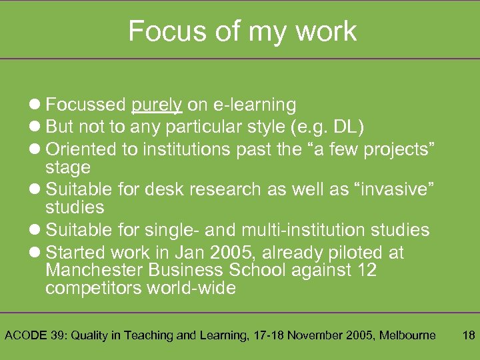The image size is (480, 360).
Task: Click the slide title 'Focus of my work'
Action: point(242,31)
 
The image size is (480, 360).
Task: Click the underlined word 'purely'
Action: point(157,105)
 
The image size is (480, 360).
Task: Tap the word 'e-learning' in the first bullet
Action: point(255,105)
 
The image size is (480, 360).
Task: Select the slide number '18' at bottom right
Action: point(468,335)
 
